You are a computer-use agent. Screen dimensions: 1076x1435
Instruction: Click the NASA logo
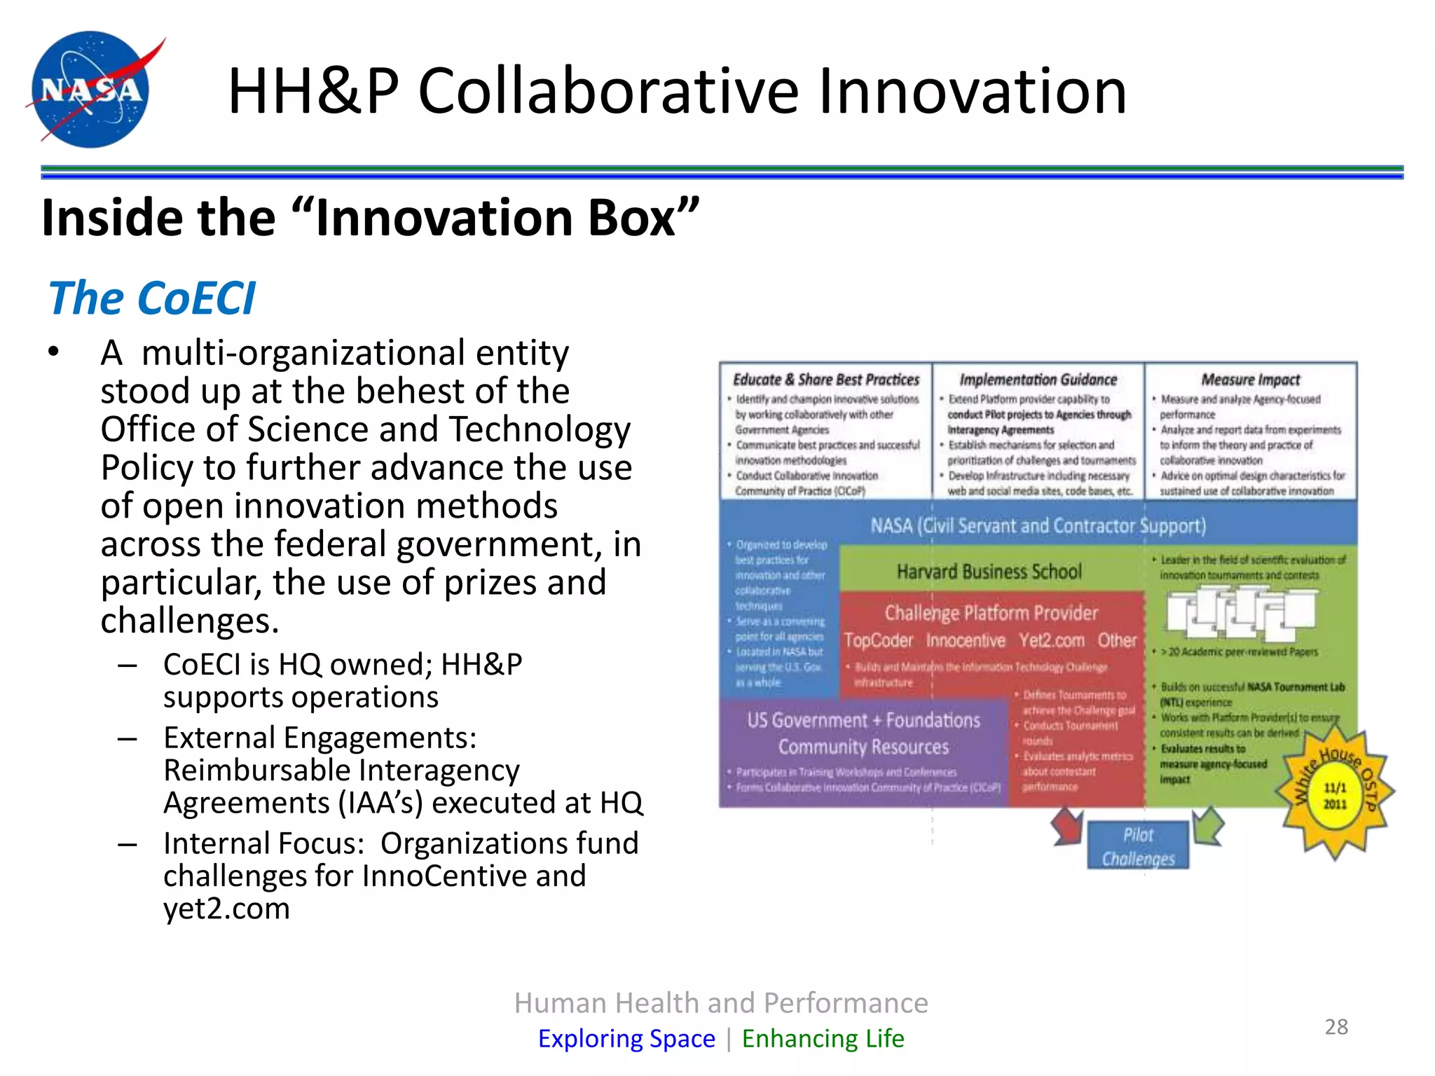pos(91,89)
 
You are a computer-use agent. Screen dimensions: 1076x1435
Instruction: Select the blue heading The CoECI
pos(151,298)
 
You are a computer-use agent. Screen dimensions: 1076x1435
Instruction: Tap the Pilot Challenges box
pos(1137,846)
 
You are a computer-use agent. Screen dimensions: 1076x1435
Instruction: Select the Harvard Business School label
pos(989,572)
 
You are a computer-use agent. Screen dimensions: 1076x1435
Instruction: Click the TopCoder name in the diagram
pos(878,640)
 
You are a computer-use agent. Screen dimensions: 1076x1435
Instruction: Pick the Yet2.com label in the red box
pos(1051,640)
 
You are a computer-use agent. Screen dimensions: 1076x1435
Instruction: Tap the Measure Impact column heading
pos(1250,380)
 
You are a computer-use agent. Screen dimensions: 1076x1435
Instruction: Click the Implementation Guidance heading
pos(1038,380)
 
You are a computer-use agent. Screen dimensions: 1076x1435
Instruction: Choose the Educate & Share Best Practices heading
pos(825,380)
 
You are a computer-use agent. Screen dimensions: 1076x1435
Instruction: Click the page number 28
pos(1336,1027)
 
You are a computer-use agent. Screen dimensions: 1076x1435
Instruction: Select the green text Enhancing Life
pos(823,1038)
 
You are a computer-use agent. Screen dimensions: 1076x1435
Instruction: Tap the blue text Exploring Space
pos(626,1038)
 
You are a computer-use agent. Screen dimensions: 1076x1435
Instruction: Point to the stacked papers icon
pos(1240,613)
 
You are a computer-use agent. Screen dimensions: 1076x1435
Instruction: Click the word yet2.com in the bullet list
pos(226,909)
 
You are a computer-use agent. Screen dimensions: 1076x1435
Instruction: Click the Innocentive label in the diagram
pos(965,640)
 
